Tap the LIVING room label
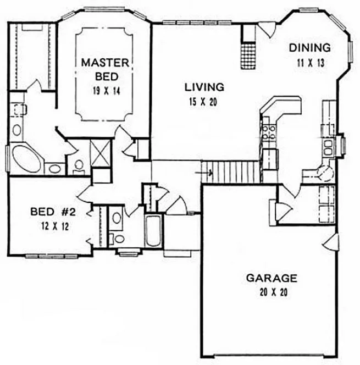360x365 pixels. pyautogui.click(x=204, y=86)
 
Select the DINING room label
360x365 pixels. pyautogui.click(x=310, y=48)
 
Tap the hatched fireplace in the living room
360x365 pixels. pyautogui.click(x=248, y=56)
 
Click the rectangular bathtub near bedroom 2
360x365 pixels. pyautogui.click(x=151, y=231)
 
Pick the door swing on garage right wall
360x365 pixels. pyautogui.click(x=331, y=242)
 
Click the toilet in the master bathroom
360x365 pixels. pyautogui.click(x=78, y=164)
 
